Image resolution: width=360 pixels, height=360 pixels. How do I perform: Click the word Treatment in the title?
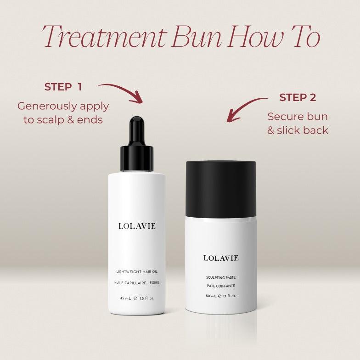click(105, 37)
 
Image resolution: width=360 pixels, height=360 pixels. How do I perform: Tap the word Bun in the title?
click(197, 37)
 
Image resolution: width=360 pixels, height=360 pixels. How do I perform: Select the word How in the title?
click(254, 37)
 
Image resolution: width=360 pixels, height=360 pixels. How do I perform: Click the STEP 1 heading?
click(63, 87)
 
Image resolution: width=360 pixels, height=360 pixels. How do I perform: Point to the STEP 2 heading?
click(298, 97)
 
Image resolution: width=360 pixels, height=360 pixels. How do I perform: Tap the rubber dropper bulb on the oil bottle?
click(137, 130)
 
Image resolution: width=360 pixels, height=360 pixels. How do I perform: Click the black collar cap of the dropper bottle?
click(137, 158)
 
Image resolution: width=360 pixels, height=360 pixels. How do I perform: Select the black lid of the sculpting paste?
click(221, 189)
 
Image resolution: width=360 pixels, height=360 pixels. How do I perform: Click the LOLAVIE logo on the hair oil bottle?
click(137, 226)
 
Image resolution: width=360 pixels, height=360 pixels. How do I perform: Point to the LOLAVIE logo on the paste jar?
click(221, 258)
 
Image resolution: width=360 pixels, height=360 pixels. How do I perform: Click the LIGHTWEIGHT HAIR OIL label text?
click(137, 272)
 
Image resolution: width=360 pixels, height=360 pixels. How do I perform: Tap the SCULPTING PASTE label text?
click(221, 277)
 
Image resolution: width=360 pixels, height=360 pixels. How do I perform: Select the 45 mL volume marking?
click(125, 298)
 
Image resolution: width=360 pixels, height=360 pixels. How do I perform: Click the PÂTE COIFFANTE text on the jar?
click(221, 286)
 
